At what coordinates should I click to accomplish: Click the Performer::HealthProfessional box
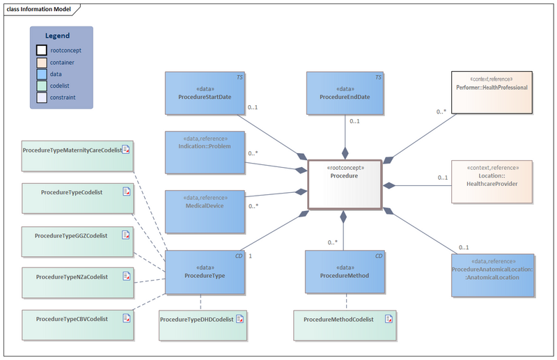pyautogui.click(x=492, y=92)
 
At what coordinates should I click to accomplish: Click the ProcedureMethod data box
pyautogui.click(x=345, y=274)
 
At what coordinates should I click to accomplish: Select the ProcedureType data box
pyautogui.click(x=205, y=274)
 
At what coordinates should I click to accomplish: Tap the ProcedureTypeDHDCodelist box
pyautogui.click(x=203, y=324)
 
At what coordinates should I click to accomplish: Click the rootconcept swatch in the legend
pyautogui.click(x=42, y=50)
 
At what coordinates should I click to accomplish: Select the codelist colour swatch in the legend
pyautogui.click(x=42, y=86)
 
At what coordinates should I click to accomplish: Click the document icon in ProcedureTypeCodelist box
pyautogui.click(x=126, y=191)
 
